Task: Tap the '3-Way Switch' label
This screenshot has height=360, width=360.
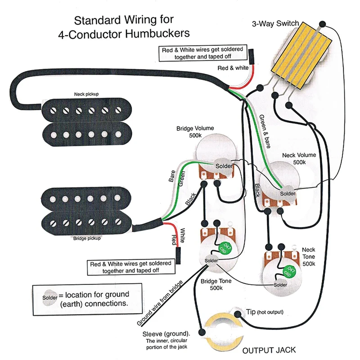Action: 274,23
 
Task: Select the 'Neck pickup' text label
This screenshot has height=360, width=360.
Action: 86,94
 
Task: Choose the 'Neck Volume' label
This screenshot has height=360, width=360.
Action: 299,155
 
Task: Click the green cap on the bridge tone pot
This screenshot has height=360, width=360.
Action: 224,247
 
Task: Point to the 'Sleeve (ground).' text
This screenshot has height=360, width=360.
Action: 166,334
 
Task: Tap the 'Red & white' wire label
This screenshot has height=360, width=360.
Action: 233,68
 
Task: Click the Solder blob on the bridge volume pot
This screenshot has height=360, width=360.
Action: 223,166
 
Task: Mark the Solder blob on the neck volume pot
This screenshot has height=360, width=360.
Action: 288,193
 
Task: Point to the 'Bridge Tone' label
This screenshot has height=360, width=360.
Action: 216,284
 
